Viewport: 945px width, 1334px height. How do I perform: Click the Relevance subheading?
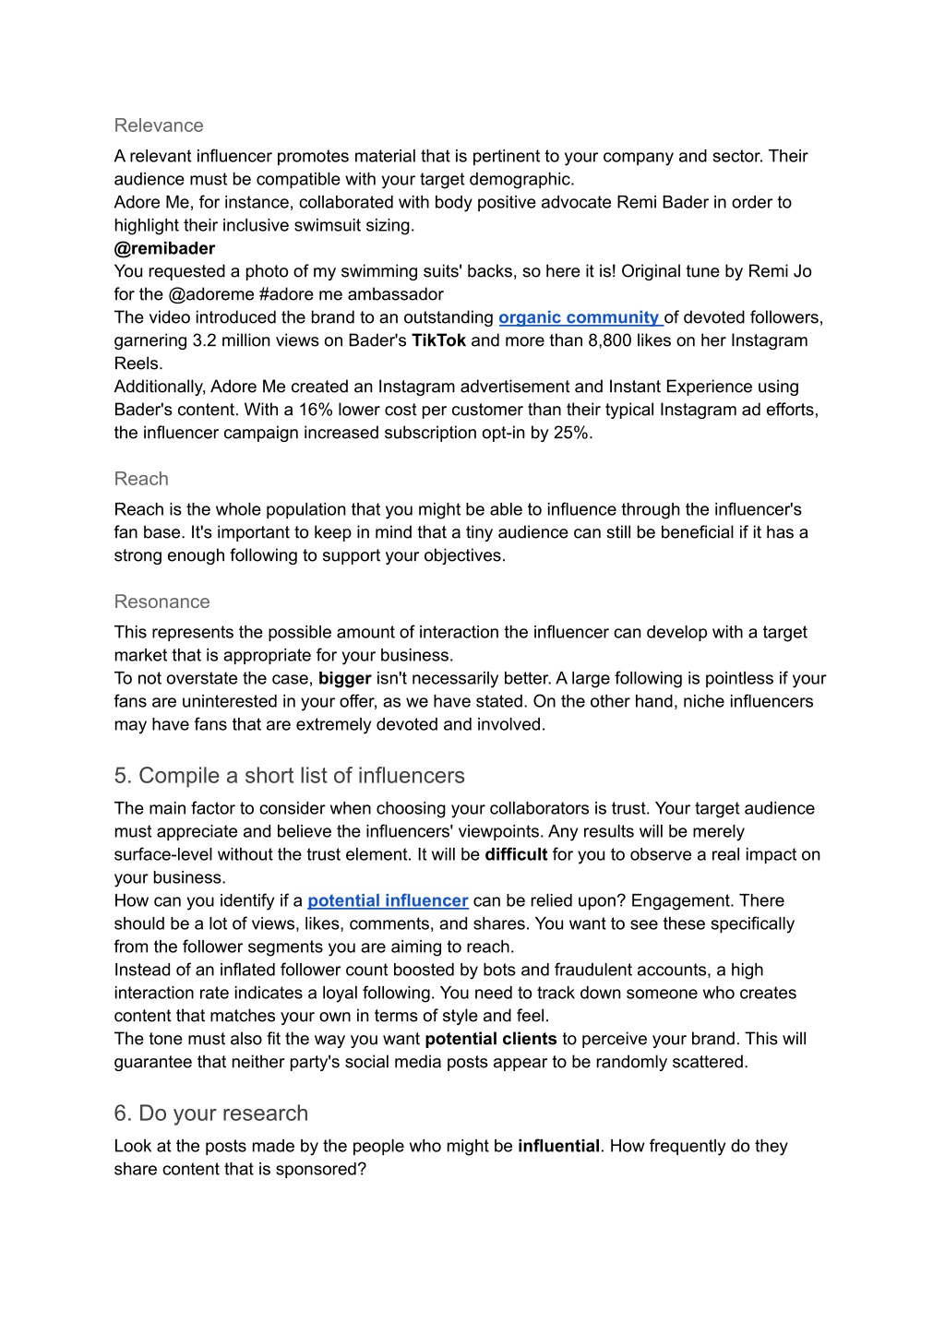click(159, 125)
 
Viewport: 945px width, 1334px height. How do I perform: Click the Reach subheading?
click(141, 479)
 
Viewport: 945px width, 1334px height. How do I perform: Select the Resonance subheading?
click(161, 601)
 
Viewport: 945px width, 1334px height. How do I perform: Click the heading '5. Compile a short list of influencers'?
click(289, 776)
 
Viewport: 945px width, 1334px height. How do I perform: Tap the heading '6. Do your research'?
click(210, 1114)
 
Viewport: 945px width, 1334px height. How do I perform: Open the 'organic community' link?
click(579, 317)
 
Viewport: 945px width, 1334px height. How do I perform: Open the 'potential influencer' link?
click(388, 900)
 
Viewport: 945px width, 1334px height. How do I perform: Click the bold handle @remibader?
click(164, 248)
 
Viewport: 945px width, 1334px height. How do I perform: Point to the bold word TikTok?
click(438, 340)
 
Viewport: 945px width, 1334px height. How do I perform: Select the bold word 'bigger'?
click(344, 678)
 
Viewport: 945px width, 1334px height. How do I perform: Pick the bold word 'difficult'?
click(516, 854)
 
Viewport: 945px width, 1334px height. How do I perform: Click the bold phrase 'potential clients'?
click(490, 1039)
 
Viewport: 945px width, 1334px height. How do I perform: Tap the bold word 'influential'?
click(558, 1146)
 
